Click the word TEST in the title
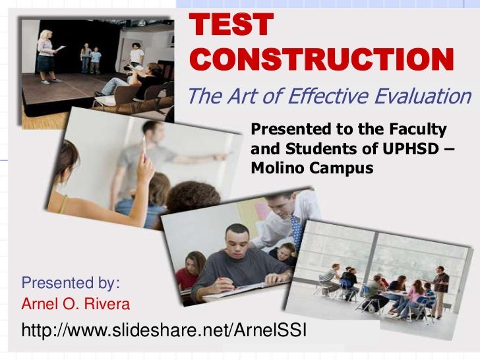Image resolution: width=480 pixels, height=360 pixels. coord(231,25)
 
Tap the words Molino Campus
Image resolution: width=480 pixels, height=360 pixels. coord(312,169)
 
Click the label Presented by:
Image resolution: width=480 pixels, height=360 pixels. coord(71,284)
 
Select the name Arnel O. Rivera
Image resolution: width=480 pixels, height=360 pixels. coord(76,304)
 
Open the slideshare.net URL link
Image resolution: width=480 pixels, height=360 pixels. coord(164,329)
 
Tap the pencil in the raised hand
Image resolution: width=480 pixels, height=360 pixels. coord(143,146)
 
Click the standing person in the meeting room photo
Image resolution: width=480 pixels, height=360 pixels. coord(440,287)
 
